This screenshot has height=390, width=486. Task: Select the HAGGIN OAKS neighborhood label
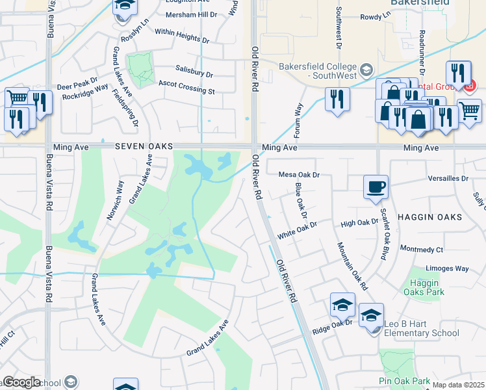click(x=429, y=216)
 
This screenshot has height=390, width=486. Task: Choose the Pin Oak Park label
click(x=404, y=381)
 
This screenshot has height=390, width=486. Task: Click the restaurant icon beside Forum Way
click(x=337, y=99)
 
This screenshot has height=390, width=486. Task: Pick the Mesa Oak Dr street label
click(x=300, y=175)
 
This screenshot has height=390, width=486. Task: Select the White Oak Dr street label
click(x=296, y=224)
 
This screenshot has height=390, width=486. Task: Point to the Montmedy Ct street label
click(x=421, y=249)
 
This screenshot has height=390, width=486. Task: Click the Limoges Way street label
click(x=446, y=268)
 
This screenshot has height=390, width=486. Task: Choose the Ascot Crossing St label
click(x=186, y=87)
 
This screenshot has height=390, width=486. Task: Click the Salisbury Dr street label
click(x=194, y=71)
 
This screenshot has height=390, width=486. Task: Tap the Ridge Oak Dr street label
click(x=331, y=322)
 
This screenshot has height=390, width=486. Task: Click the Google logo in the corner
click(x=21, y=382)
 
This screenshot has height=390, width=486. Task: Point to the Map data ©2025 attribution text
click(x=458, y=385)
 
